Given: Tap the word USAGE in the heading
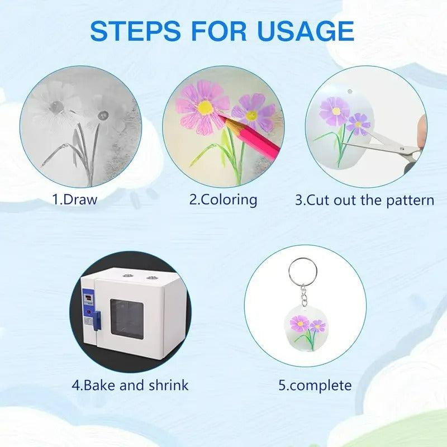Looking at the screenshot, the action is (306, 31).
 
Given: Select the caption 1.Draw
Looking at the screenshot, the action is (75, 199).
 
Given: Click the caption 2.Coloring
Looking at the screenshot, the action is (223, 200).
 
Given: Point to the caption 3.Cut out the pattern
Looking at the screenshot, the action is (365, 200).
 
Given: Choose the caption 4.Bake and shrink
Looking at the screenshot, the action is (130, 385).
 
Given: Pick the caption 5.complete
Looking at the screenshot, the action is (315, 386).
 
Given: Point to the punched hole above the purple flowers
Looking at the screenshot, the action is (350, 92).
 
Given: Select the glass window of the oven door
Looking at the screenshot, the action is (127, 318).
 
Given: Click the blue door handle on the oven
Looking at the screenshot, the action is (97, 321).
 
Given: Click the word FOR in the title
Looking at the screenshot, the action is (219, 31).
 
